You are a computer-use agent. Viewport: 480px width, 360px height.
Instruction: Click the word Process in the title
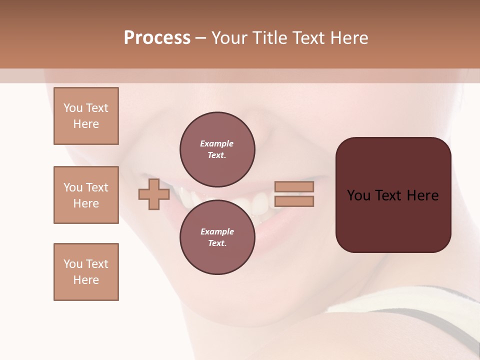(x=157, y=38)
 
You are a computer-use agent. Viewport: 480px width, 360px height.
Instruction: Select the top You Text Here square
(x=86, y=116)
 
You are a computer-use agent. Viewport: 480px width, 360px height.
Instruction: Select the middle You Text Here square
(x=86, y=195)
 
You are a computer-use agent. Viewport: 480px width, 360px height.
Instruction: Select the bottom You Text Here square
(x=86, y=272)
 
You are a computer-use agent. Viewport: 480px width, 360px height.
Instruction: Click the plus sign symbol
(x=154, y=194)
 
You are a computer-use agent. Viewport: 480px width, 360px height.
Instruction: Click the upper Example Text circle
(x=217, y=149)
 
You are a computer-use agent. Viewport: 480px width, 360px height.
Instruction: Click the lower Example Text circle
(x=217, y=237)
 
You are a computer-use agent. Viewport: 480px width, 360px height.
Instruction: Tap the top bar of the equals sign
(x=294, y=186)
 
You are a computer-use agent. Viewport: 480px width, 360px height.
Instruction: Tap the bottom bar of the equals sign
(x=294, y=201)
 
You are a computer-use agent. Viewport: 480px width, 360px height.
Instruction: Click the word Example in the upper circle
(x=217, y=144)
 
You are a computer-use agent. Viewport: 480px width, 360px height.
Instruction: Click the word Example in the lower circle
(x=217, y=232)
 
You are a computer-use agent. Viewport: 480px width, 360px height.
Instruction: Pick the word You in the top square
(x=73, y=108)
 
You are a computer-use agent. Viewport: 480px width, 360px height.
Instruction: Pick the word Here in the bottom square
(x=86, y=280)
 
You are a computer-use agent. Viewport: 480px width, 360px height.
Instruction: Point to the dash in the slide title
(x=201, y=38)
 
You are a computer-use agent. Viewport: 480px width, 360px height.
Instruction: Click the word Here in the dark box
(x=423, y=195)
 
